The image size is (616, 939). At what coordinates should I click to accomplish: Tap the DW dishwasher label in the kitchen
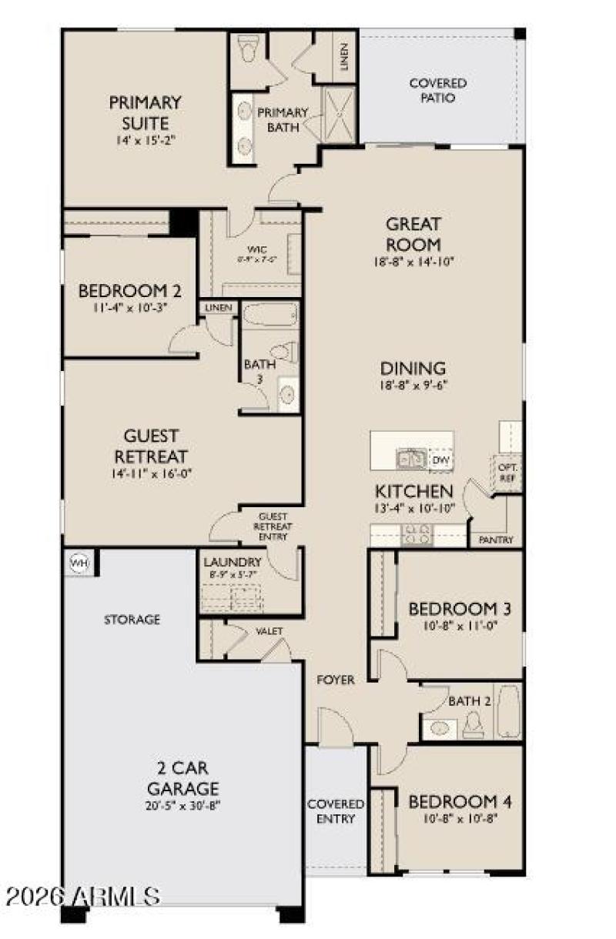pos(440,460)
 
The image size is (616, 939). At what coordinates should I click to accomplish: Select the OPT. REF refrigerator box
pos(508,471)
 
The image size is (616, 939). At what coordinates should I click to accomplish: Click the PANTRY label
pos(497,540)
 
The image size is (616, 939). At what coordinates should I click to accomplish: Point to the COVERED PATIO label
pos(437,91)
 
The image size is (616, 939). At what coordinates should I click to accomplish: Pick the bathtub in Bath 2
pos(508,710)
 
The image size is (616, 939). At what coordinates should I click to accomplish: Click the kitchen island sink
pos(410,459)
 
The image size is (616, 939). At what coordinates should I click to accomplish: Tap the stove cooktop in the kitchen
pos(417,533)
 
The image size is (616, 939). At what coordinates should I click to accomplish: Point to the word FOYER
pos(336,680)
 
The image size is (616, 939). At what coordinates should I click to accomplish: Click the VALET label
pos(269,631)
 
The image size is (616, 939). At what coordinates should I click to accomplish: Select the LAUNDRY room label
pos(232,562)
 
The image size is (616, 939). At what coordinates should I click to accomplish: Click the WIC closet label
pos(256,249)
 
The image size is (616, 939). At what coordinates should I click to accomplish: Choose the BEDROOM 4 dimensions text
pos(460,819)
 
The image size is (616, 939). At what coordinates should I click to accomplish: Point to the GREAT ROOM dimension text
pos(413,262)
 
